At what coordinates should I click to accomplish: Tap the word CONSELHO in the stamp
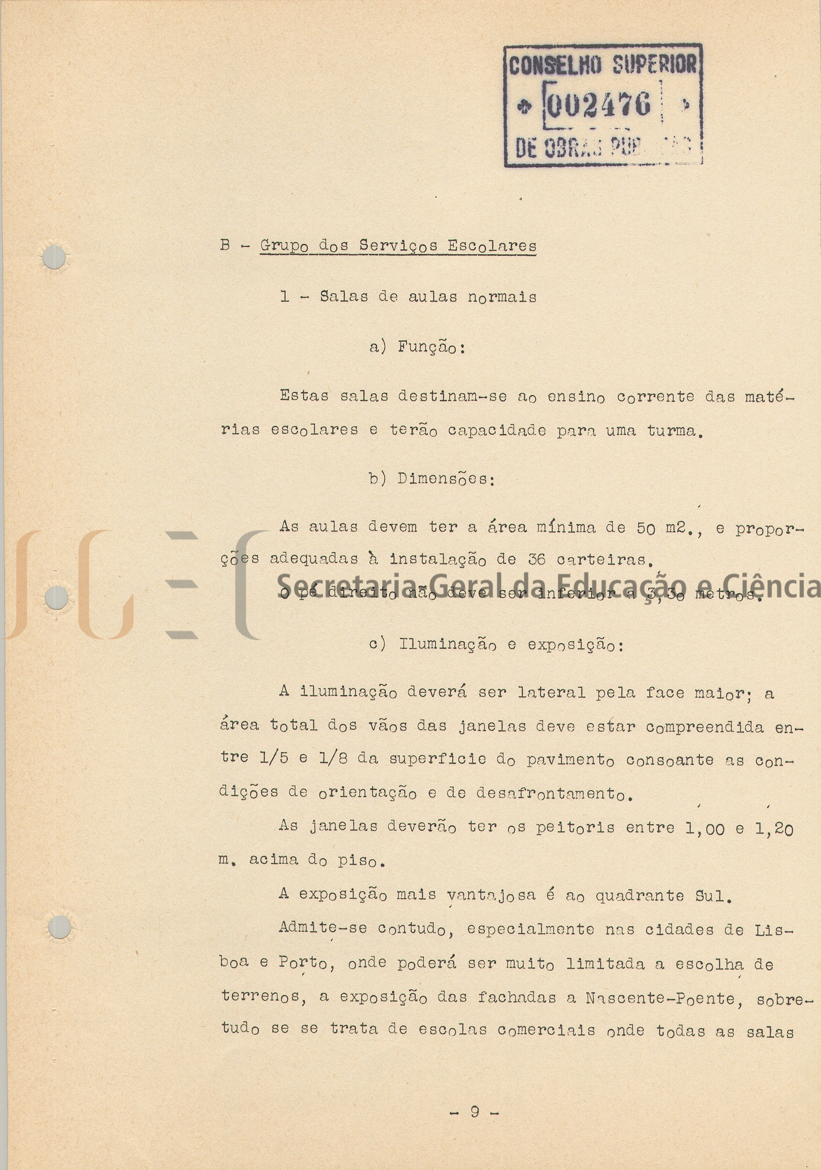[x=554, y=66]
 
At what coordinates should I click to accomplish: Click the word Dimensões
[x=445, y=479]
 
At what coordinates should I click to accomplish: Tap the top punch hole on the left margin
[x=55, y=258]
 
